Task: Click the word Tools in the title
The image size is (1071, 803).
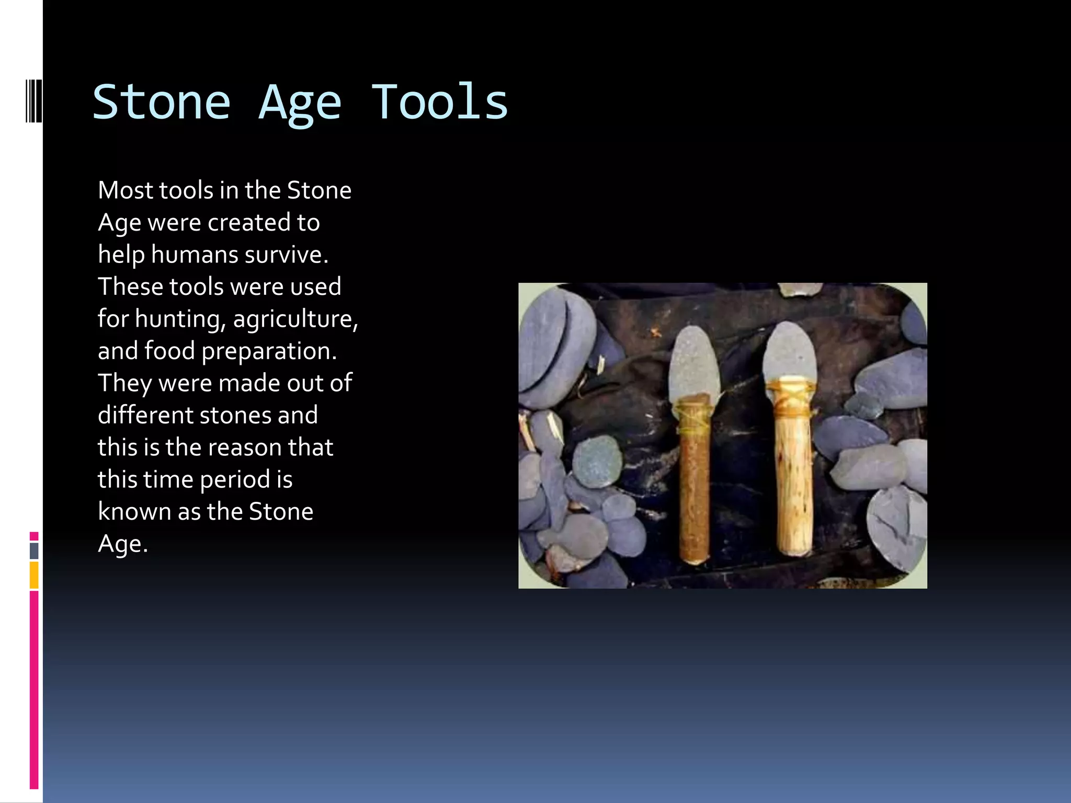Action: tap(439, 102)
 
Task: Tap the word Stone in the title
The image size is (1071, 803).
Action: tap(162, 102)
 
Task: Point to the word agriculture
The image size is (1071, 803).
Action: tap(295, 319)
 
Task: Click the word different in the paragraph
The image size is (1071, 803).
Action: tap(145, 416)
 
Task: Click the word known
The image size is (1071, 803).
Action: tap(134, 512)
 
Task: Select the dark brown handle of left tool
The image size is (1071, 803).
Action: tap(694, 497)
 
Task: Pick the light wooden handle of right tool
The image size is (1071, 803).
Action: tap(793, 486)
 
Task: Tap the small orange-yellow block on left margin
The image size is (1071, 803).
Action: tap(34, 575)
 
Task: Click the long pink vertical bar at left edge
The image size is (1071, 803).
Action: tap(34, 690)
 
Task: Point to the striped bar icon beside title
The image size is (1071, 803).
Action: tap(33, 100)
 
